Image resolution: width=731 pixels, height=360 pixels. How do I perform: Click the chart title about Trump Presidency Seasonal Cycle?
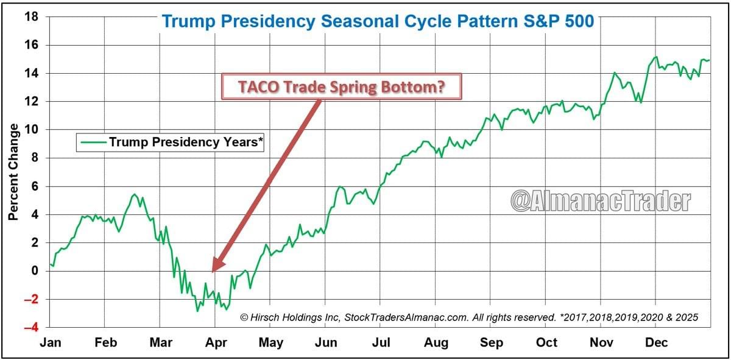coord(378,22)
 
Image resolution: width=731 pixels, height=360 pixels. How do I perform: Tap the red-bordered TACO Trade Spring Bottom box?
coord(341,86)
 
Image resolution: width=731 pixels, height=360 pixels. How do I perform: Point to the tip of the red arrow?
coord(213,270)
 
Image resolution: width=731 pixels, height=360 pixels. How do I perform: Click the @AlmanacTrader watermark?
coord(600,201)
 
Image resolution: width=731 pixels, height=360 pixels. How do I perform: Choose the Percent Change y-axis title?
coord(13,172)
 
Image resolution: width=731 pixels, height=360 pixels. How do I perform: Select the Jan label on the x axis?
coord(51,342)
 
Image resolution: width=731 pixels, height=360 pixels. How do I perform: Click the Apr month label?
coord(216,342)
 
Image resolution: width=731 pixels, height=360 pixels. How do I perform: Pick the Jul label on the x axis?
coord(381,342)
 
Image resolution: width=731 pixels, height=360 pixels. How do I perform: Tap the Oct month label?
coord(546,342)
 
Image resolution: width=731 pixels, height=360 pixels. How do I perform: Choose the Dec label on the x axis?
coord(656,342)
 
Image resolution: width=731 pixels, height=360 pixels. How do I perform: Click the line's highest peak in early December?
coord(656,57)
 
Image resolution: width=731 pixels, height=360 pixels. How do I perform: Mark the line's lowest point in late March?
coord(197,311)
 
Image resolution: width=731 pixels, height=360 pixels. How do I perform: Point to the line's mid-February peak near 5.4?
coord(135,194)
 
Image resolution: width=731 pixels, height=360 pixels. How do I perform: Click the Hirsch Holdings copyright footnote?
coord(469,317)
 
